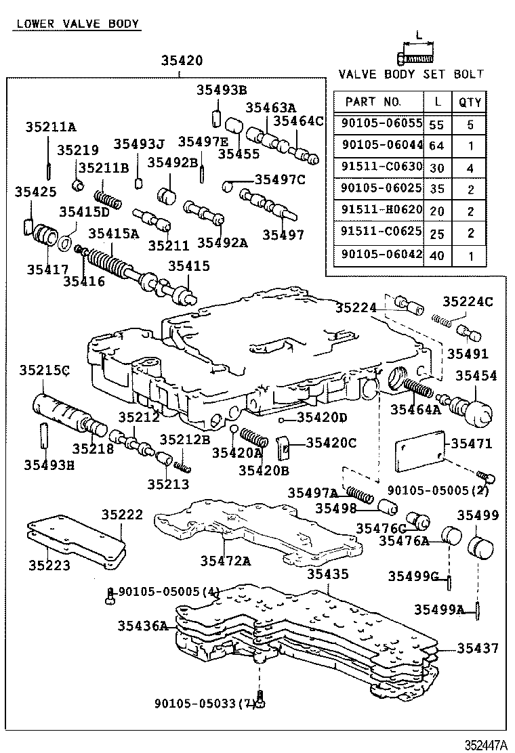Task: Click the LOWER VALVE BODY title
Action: coord(77,24)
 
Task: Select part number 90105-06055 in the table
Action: coord(382,124)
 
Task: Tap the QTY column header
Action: coord(470,102)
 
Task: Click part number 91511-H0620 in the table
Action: coord(382,211)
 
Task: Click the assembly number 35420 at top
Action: coord(181,61)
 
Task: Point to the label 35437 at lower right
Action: coord(477,648)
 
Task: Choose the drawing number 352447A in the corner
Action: coord(485,745)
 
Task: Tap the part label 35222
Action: coord(122,515)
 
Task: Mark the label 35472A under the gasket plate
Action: coord(225,560)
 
